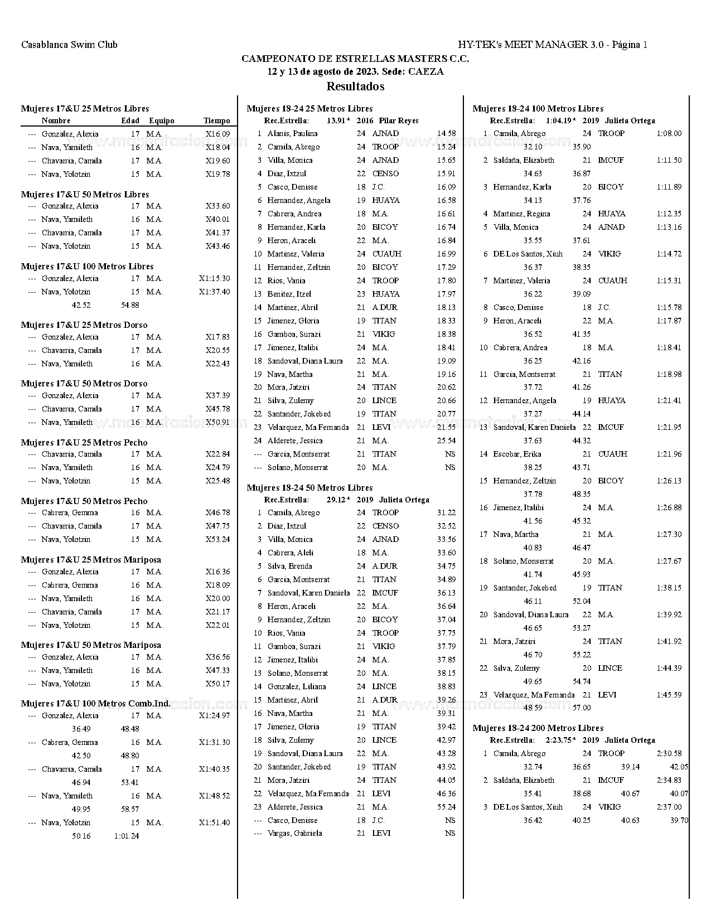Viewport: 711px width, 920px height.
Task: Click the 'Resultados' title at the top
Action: coord(355,86)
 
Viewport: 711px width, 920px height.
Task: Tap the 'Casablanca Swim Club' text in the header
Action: coord(69,45)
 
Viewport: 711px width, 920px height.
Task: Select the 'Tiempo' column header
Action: coord(216,120)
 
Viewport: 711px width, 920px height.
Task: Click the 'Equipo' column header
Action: coord(161,120)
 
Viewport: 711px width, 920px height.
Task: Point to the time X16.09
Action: coord(217,134)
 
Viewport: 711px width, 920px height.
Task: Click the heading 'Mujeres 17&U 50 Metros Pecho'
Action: coord(84,501)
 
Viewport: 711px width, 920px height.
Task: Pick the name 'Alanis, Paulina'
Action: coord(292,133)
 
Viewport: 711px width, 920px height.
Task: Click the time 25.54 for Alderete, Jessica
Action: coord(446,440)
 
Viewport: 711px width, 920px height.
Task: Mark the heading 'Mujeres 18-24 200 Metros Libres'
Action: coord(538,728)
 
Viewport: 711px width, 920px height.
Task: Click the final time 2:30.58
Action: coord(669,753)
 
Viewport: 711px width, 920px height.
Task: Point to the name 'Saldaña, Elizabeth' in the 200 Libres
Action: coord(524,780)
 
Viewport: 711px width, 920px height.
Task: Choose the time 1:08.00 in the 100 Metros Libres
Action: coord(669,133)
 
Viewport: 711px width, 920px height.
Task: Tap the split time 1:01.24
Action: coord(127,836)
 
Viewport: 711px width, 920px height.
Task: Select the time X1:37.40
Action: coord(214,292)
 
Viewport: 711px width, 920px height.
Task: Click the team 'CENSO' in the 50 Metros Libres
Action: coord(385,526)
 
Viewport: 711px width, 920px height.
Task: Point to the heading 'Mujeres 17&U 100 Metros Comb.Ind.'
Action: coord(95,704)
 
